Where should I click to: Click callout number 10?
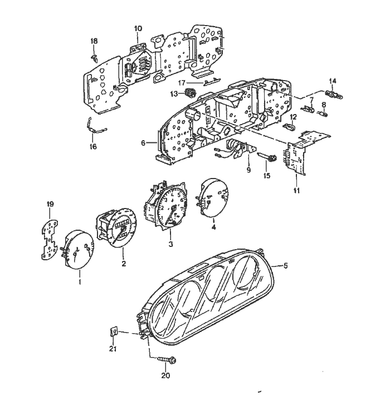pos(138,28)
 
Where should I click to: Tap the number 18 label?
pos(94,42)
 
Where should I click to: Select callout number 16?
pos(93,147)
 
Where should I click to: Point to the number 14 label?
pos(333,81)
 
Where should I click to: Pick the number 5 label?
pos(286,266)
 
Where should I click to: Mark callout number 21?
pos(113,349)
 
